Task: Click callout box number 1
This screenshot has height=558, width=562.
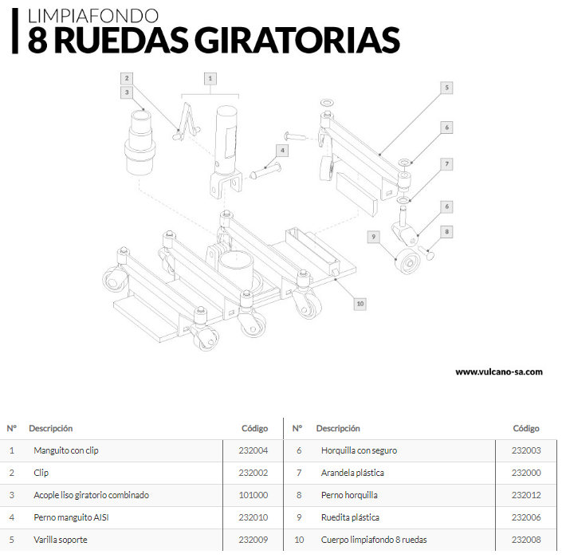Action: pyautogui.click(x=210, y=78)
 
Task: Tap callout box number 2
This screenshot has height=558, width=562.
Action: pyautogui.click(x=127, y=78)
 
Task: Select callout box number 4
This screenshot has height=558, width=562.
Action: pyautogui.click(x=282, y=151)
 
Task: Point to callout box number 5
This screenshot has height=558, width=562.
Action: pyautogui.click(x=446, y=88)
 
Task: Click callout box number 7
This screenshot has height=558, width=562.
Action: pyautogui.click(x=446, y=164)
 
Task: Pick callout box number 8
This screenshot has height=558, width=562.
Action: pyautogui.click(x=446, y=231)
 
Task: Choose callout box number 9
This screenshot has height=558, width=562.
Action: pyautogui.click(x=374, y=237)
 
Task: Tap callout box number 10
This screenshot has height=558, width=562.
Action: pyautogui.click(x=360, y=304)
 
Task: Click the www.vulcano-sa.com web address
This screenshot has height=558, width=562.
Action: pyautogui.click(x=499, y=371)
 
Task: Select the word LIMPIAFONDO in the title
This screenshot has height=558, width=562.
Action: pyautogui.click(x=93, y=16)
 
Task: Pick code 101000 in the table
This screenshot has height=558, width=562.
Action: pyautogui.click(x=253, y=495)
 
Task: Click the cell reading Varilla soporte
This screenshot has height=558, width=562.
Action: pyautogui.click(x=61, y=540)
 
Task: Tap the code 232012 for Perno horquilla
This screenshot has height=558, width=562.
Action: pyautogui.click(x=526, y=495)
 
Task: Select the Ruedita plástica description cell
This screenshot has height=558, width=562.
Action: pyautogui.click(x=350, y=517)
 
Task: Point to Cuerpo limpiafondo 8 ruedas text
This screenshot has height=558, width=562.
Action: pyautogui.click(x=374, y=540)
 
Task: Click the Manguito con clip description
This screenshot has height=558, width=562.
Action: pyautogui.click(x=66, y=450)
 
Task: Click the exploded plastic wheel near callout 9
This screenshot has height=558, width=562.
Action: pyautogui.click(x=407, y=261)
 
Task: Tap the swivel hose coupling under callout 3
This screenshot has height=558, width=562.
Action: pyautogui.click(x=140, y=143)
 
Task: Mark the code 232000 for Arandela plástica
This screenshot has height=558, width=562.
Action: pyautogui.click(x=526, y=473)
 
